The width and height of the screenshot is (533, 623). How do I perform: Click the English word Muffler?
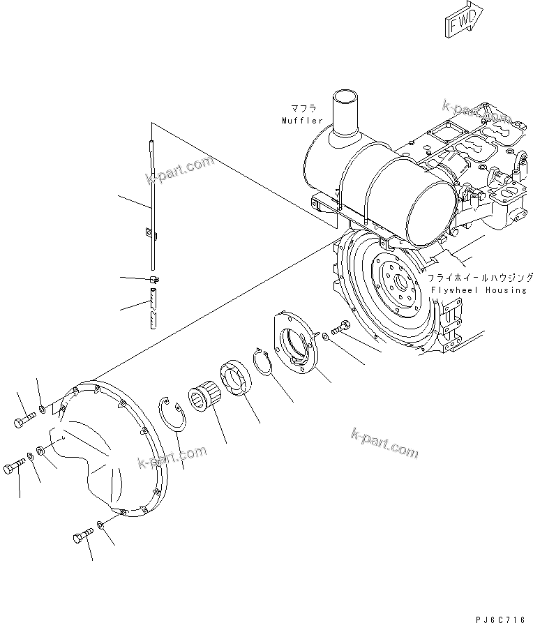click(x=303, y=121)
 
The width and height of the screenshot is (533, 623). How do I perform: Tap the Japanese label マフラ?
click(x=304, y=109)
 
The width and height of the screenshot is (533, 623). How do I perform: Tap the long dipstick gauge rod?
click(x=151, y=202)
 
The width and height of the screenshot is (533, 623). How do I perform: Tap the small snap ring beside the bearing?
click(x=264, y=362)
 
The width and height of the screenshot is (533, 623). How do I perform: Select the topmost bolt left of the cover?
click(x=23, y=421)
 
